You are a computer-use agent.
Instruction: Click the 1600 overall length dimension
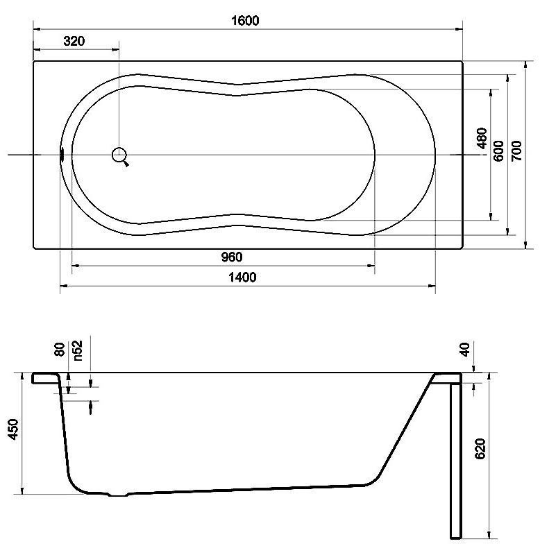pos(245,20)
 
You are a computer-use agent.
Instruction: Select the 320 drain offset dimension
pos(74,41)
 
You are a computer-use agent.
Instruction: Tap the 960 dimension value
pos(232,257)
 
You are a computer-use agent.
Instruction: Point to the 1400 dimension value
pos(242,277)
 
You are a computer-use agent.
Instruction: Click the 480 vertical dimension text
pos(482,138)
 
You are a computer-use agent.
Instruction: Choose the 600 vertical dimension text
pos(498,151)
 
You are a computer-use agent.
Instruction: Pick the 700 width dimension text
pos(516,151)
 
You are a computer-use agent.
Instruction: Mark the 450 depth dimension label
pos(13,429)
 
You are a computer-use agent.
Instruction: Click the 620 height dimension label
pos(480,449)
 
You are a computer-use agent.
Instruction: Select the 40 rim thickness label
pos(464,350)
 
